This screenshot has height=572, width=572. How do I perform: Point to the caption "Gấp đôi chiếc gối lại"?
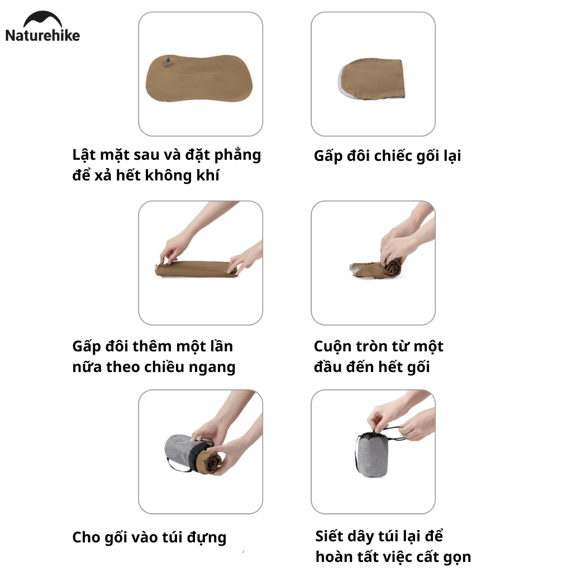[387, 156]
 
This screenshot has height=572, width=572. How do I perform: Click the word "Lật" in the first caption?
[84, 155]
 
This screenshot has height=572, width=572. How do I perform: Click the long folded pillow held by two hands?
[196, 269]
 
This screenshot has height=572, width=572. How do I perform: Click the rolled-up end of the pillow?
[391, 267]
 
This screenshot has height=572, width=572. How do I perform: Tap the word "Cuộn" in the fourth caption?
[330, 346]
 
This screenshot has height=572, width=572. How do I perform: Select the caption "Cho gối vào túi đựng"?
[149, 537]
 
